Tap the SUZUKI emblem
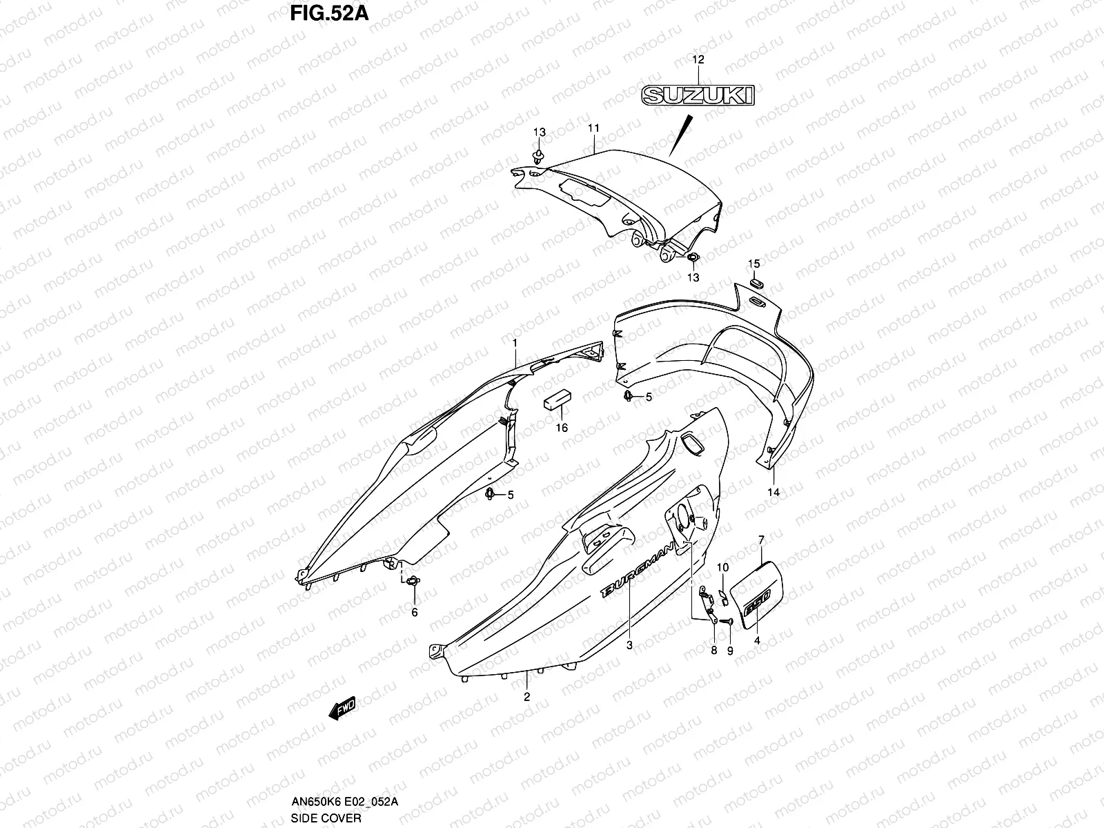tap(698, 95)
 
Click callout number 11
tap(593, 128)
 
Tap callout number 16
tap(562, 428)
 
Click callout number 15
tap(754, 264)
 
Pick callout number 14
tap(773, 492)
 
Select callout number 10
tap(722, 567)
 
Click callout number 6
tap(415, 612)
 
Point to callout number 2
tap(526, 697)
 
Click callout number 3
tap(629, 645)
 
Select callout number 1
tap(514, 342)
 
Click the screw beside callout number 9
tap(725, 622)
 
